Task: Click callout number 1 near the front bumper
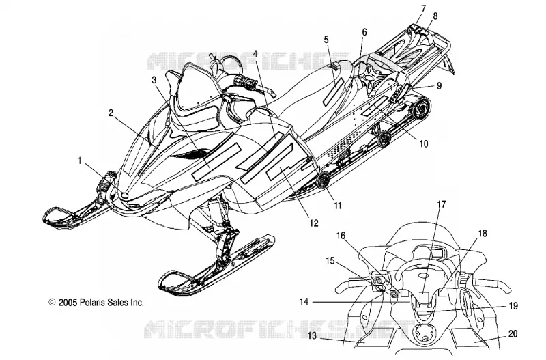point(80,161)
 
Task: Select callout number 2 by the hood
point(111,113)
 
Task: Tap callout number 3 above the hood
point(154,80)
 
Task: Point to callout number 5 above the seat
point(326,40)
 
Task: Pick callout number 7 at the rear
point(423,8)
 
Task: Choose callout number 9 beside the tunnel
point(439,85)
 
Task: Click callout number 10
point(423,143)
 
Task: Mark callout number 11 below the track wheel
point(338,205)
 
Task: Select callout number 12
point(314,223)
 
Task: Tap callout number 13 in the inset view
point(313,335)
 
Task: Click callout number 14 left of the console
point(304,301)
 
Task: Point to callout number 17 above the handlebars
point(442,204)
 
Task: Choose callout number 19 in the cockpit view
point(513,306)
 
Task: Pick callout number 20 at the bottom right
point(513,334)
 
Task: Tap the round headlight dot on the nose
point(124,195)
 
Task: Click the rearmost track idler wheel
point(420,107)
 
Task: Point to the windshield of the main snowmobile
point(195,87)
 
